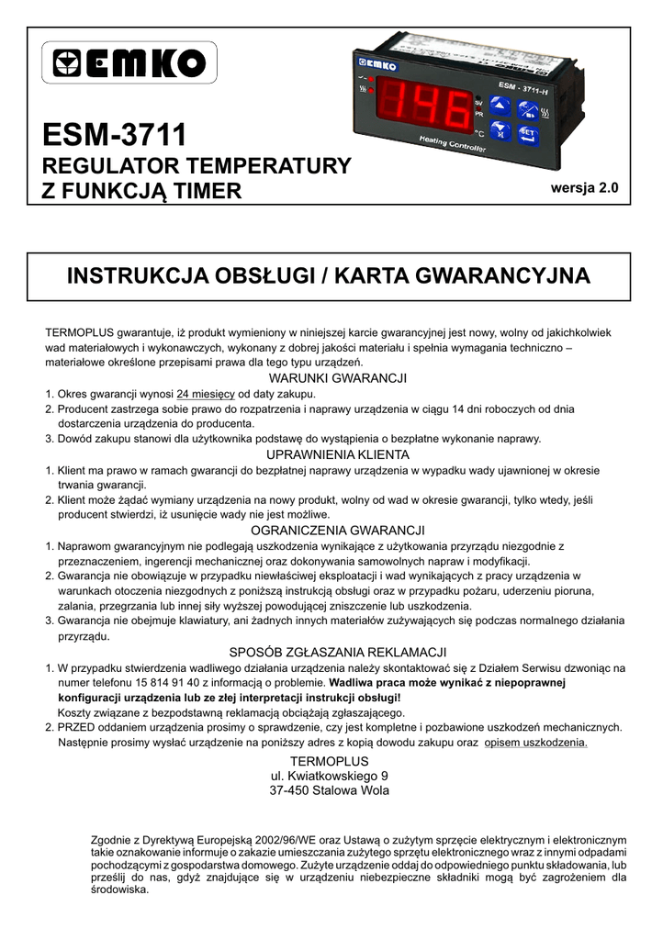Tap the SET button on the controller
[527, 134]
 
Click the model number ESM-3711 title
[115, 136]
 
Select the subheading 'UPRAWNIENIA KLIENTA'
[337, 454]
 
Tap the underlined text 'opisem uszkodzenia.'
[536, 742]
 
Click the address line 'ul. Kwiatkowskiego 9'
[330, 776]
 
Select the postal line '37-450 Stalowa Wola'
[330, 790]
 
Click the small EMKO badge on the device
[377, 64]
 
